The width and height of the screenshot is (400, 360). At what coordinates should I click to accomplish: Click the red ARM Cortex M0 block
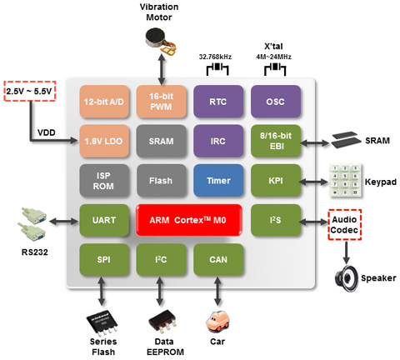(x=189, y=220)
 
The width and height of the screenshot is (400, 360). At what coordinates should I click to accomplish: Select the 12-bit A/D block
(x=104, y=102)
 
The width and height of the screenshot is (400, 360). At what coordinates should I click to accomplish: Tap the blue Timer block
(x=218, y=181)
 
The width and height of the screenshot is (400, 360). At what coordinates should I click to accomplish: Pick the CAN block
(x=218, y=259)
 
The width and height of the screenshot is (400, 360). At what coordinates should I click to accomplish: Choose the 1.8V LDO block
(x=104, y=141)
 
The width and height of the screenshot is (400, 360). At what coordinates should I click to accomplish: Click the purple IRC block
(x=218, y=141)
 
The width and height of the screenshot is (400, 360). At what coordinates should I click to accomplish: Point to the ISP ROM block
(x=104, y=181)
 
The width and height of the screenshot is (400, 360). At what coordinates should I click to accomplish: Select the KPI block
(x=276, y=181)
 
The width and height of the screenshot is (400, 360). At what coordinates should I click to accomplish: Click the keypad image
(x=346, y=181)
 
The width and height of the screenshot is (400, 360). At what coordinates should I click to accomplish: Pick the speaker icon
(x=346, y=278)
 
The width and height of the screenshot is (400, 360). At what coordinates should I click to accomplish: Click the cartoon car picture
(x=217, y=322)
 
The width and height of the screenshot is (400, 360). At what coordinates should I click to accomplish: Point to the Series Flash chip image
(x=102, y=322)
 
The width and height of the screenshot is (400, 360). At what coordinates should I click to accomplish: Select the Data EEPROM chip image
(x=162, y=322)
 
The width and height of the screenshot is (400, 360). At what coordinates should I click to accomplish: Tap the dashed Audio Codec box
(x=344, y=225)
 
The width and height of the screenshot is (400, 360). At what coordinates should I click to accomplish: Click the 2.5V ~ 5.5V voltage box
(x=30, y=91)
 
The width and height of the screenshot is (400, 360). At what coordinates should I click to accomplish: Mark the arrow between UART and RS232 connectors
(x=64, y=222)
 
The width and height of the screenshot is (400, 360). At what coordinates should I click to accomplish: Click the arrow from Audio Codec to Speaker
(x=346, y=252)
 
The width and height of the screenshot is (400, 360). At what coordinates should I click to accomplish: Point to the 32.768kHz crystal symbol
(x=217, y=69)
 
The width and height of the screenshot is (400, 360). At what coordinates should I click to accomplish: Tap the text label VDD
(x=47, y=132)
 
